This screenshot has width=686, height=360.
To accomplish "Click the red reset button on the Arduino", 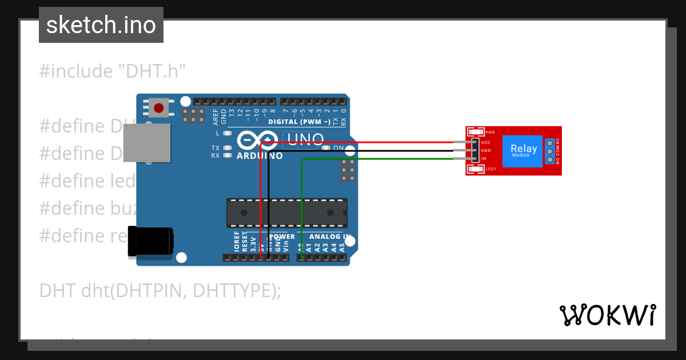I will click(158, 107).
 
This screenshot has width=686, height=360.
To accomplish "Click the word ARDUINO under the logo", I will click(259, 156).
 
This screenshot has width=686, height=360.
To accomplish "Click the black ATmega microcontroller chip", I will click(286, 213).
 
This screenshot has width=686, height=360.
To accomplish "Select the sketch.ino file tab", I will click(101, 25).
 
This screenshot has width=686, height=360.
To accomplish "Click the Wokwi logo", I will click(607, 315).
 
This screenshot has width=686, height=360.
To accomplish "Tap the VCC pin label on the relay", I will click(486, 142).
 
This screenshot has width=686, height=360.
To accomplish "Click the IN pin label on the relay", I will click(484, 158).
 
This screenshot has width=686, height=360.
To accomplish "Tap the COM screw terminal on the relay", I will click(550, 151).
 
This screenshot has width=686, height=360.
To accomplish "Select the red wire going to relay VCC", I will click(400, 142).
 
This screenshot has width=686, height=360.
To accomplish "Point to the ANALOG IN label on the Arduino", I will click(330, 236).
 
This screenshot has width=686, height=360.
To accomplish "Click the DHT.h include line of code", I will click(113, 71).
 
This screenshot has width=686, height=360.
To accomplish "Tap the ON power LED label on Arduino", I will click(338, 148).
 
